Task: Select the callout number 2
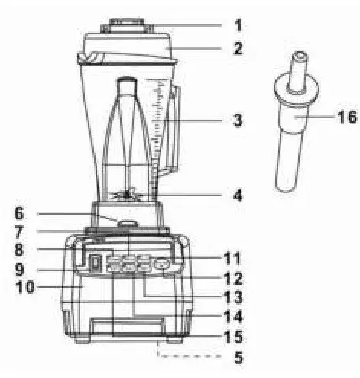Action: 238,49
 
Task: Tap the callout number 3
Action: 239,121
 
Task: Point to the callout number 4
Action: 238,195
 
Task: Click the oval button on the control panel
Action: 163,265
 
